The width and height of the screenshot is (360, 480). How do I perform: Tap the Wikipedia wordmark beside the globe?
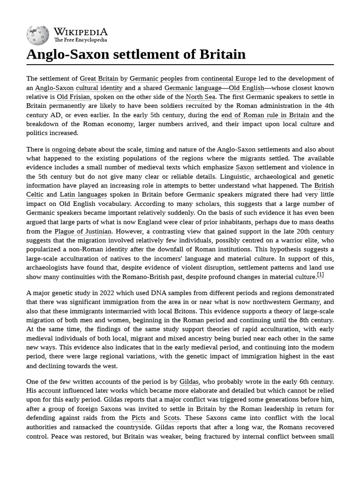click(80, 31)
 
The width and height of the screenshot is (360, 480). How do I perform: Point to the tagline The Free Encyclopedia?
click(80, 40)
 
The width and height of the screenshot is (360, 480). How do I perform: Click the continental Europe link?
click(228, 79)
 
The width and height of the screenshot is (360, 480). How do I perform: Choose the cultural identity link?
click(99, 88)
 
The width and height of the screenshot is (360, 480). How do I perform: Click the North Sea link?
click(200, 97)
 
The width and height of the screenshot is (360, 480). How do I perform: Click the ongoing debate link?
click(74, 150)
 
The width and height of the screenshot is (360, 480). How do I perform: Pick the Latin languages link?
click(83, 195)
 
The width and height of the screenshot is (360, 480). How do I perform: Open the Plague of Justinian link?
click(83, 231)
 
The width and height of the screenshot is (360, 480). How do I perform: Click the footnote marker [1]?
click(320, 275)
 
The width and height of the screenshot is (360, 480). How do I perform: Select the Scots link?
click(172, 418)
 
